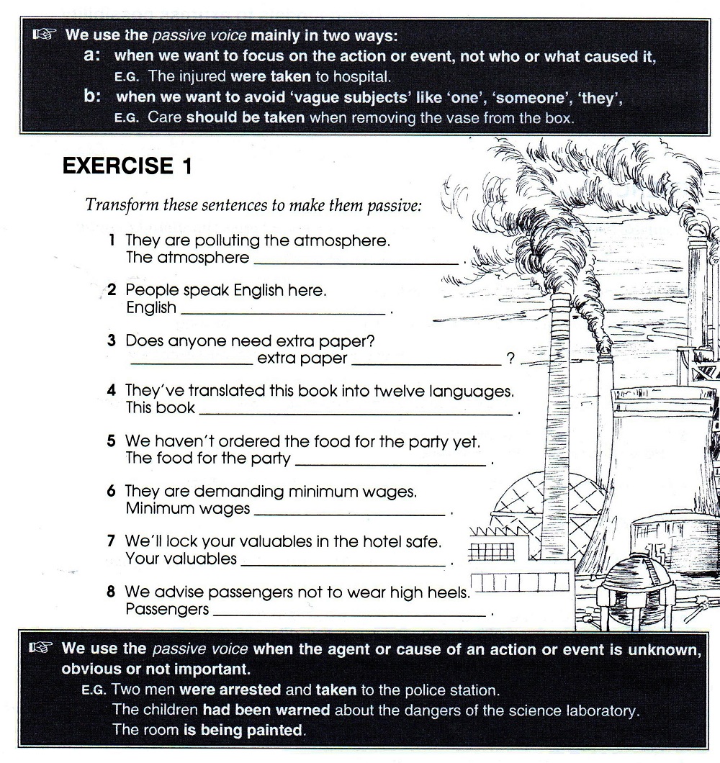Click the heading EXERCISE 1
[127, 166]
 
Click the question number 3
[112, 341]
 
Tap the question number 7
[112, 541]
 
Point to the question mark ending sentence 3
[511, 359]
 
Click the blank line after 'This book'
[356, 412]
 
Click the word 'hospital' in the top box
[364, 76]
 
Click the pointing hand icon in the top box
[45, 35]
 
